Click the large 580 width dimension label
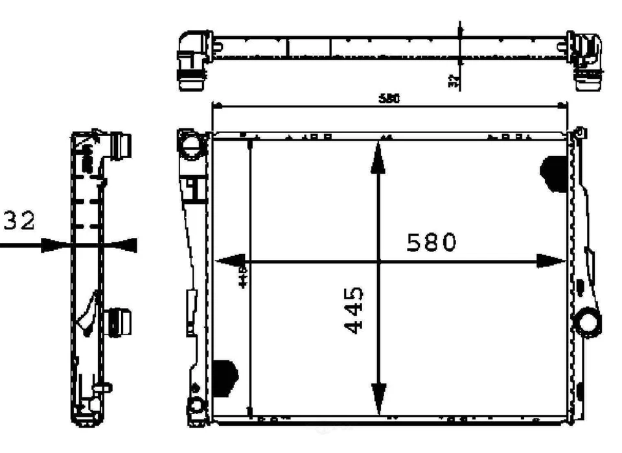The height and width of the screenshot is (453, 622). (432, 242)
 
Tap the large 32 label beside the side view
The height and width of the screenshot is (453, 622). (19, 221)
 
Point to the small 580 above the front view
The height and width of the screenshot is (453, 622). (389, 99)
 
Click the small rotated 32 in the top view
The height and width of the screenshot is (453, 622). (454, 81)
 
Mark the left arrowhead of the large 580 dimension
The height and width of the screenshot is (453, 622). (227, 261)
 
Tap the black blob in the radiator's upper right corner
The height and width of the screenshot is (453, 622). (554, 173)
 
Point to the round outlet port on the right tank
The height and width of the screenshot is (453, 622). (590, 321)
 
